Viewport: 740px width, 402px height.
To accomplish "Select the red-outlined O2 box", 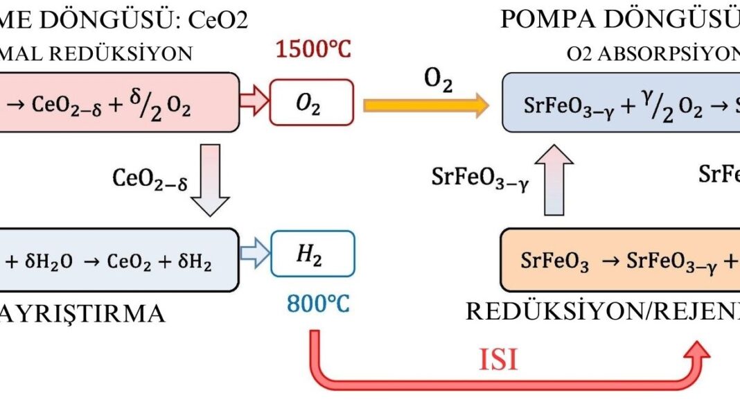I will (312, 105).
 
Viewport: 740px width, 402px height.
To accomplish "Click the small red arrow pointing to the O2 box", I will (254, 105).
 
